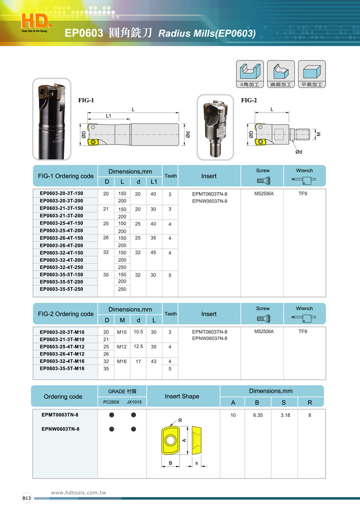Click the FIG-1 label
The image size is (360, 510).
coord(86,100)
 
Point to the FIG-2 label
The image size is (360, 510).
coord(249,100)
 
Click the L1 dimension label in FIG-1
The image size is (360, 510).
coord(108,116)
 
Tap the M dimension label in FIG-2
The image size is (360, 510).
coord(318,134)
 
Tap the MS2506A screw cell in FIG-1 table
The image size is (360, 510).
coord(264,193)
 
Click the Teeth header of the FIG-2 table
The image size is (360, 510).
coord(170,314)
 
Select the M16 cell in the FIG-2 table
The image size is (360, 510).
coord(121,361)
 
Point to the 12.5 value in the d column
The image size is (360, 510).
coord(138,346)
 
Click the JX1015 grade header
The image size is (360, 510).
coord(133,401)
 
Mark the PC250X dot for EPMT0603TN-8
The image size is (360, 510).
coord(112,415)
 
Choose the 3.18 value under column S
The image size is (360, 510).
coord(285,415)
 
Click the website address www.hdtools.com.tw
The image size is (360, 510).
coord(79,493)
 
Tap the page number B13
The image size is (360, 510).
coord(26,498)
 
